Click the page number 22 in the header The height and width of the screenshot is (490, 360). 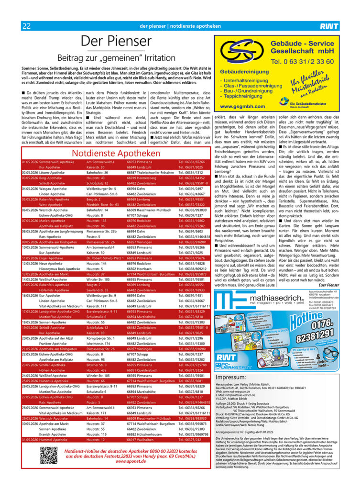(x=26, y=26)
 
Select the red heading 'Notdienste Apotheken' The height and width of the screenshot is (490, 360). (x=116, y=153)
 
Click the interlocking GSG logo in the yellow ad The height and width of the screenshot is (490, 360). (x=239, y=51)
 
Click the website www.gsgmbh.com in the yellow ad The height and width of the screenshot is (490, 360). (x=242, y=106)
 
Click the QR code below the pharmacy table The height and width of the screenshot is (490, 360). (x=49, y=455)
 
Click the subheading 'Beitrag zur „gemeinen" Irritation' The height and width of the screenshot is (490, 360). (x=116, y=58)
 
